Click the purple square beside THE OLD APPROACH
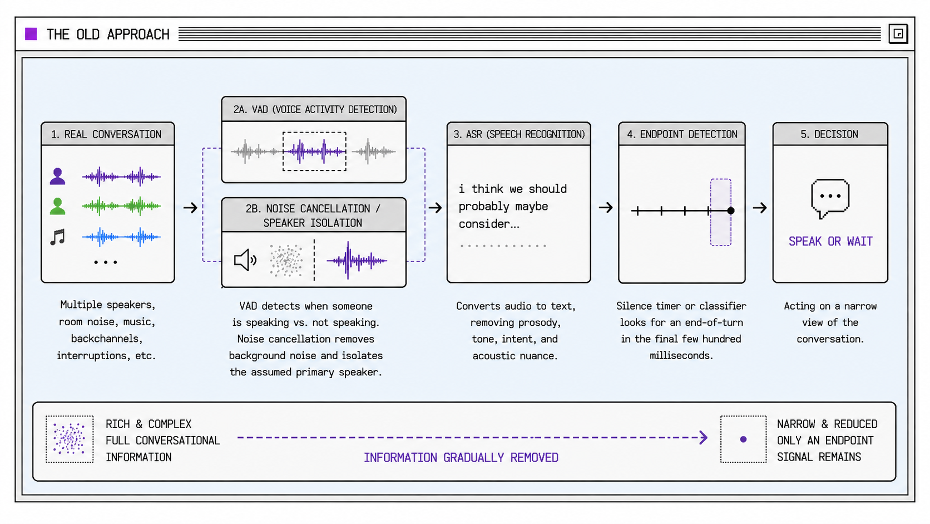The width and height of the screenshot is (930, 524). pyautogui.click(x=31, y=34)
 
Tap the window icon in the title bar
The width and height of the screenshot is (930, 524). pyautogui.click(x=898, y=33)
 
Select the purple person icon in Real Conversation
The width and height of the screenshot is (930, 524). pyautogui.click(x=58, y=176)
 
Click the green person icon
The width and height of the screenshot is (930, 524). pyautogui.click(x=58, y=206)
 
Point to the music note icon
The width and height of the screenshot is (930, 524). pyautogui.click(x=58, y=237)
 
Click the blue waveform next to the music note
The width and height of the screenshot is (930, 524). pyautogui.click(x=121, y=237)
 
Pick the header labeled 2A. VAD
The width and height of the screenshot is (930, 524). pyautogui.click(x=314, y=109)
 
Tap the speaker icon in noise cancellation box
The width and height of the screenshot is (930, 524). pyautogui.click(x=245, y=260)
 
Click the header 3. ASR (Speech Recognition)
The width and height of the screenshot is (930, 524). pyautogui.click(x=519, y=134)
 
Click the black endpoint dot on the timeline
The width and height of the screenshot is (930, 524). pyautogui.click(x=731, y=210)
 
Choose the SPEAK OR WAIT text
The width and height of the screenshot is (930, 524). pyautogui.click(x=830, y=242)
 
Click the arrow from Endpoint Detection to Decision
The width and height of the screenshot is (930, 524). pyautogui.click(x=760, y=208)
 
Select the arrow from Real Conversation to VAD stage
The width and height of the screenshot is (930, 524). pyautogui.click(x=191, y=208)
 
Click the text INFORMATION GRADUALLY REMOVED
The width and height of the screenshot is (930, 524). pyautogui.click(x=461, y=458)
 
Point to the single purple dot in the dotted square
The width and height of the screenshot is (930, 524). pyautogui.click(x=743, y=439)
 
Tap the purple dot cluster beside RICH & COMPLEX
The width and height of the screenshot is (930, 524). pyautogui.click(x=70, y=439)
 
